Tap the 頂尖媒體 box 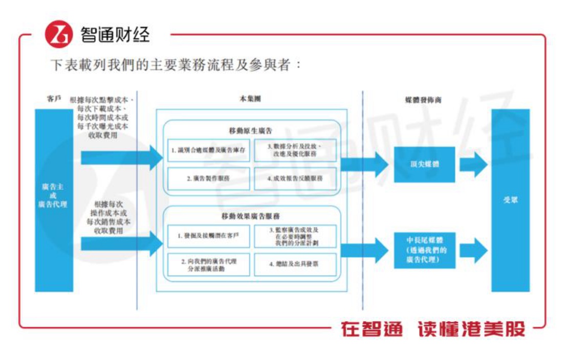point(424,165)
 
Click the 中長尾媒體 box point(424,250)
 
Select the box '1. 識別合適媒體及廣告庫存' point(209,151)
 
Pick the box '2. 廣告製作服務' point(209,178)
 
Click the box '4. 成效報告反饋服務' point(295,178)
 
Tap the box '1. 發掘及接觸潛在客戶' point(209,236)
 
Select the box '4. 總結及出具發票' point(295,264)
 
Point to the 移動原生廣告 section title point(251,131)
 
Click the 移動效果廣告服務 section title point(251,217)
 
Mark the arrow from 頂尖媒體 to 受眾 point(473,165)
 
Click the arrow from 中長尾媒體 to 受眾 point(473,250)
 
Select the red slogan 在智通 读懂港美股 point(433,329)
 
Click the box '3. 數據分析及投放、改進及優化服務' point(295,151)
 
